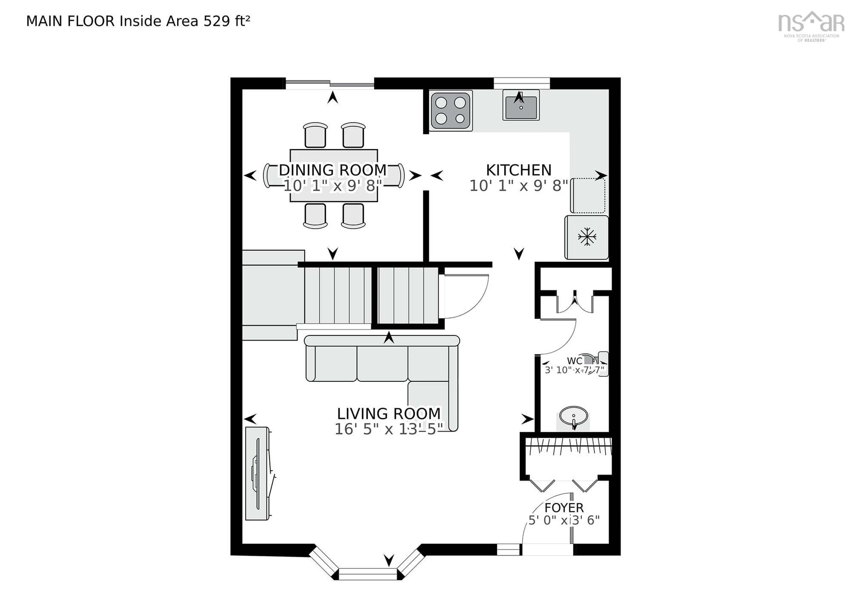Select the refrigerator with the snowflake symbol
[x=586, y=237]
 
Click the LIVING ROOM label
[x=389, y=414]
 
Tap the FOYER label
[x=564, y=508]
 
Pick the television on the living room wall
[x=257, y=474]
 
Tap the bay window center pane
[x=367, y=574]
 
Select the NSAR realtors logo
[x=810, y=25]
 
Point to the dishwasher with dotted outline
[x=588, y=195]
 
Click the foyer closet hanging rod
[x=567, y=446]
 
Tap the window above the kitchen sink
[x=521, y=83]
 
